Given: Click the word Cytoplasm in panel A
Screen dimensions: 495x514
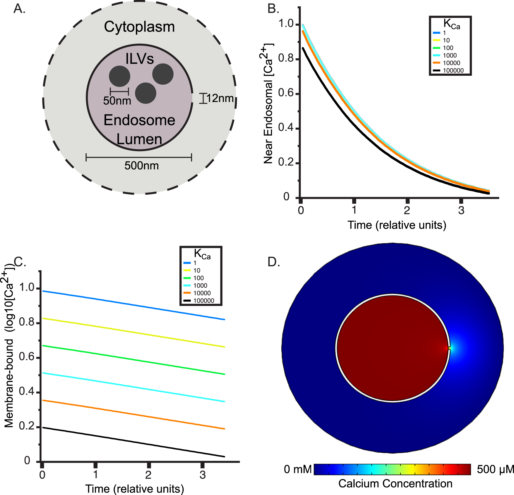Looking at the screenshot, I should [139, 27].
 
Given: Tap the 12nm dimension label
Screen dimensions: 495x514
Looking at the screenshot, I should [220, 98].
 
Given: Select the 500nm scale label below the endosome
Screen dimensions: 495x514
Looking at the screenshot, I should [141, 165].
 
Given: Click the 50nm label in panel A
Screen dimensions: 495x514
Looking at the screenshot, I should [117, 101].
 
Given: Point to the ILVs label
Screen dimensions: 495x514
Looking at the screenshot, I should [139, 58].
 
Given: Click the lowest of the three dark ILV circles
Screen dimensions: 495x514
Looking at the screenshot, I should [145, 93].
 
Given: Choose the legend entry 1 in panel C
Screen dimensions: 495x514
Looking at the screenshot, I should [195, 263].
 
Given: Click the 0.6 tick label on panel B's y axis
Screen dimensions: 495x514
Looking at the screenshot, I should [286, 93].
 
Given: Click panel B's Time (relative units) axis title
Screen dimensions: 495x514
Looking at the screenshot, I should [397, 225].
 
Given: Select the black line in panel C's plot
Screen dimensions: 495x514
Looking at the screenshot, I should [134, 442].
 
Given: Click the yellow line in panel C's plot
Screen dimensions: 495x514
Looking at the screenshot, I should [134, 333].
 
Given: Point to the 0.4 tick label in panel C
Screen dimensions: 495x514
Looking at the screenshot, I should [27, 392].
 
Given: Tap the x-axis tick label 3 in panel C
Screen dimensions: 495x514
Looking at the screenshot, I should [203, 475].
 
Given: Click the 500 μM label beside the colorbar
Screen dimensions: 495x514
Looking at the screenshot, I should [495, 469].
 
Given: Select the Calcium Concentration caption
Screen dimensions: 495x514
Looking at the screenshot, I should [395, 484].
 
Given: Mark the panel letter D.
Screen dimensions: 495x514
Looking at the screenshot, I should [274, 262].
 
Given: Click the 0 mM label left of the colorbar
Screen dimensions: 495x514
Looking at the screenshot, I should [297, 469].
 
